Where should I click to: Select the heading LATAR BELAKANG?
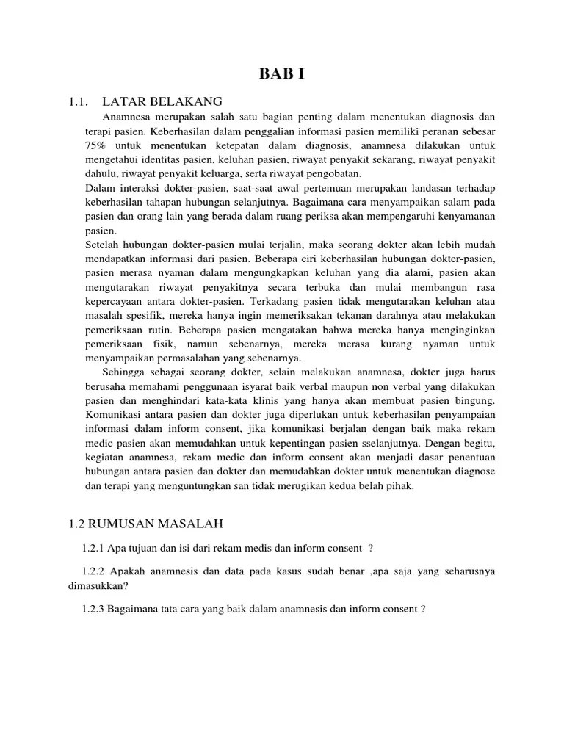point(162,101)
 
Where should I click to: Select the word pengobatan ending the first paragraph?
point(335,173)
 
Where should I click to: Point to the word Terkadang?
point(275,300)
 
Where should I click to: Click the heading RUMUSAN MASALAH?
point(153,523)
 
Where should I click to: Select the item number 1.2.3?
point(94,610)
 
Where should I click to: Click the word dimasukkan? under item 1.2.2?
point(94,585)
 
